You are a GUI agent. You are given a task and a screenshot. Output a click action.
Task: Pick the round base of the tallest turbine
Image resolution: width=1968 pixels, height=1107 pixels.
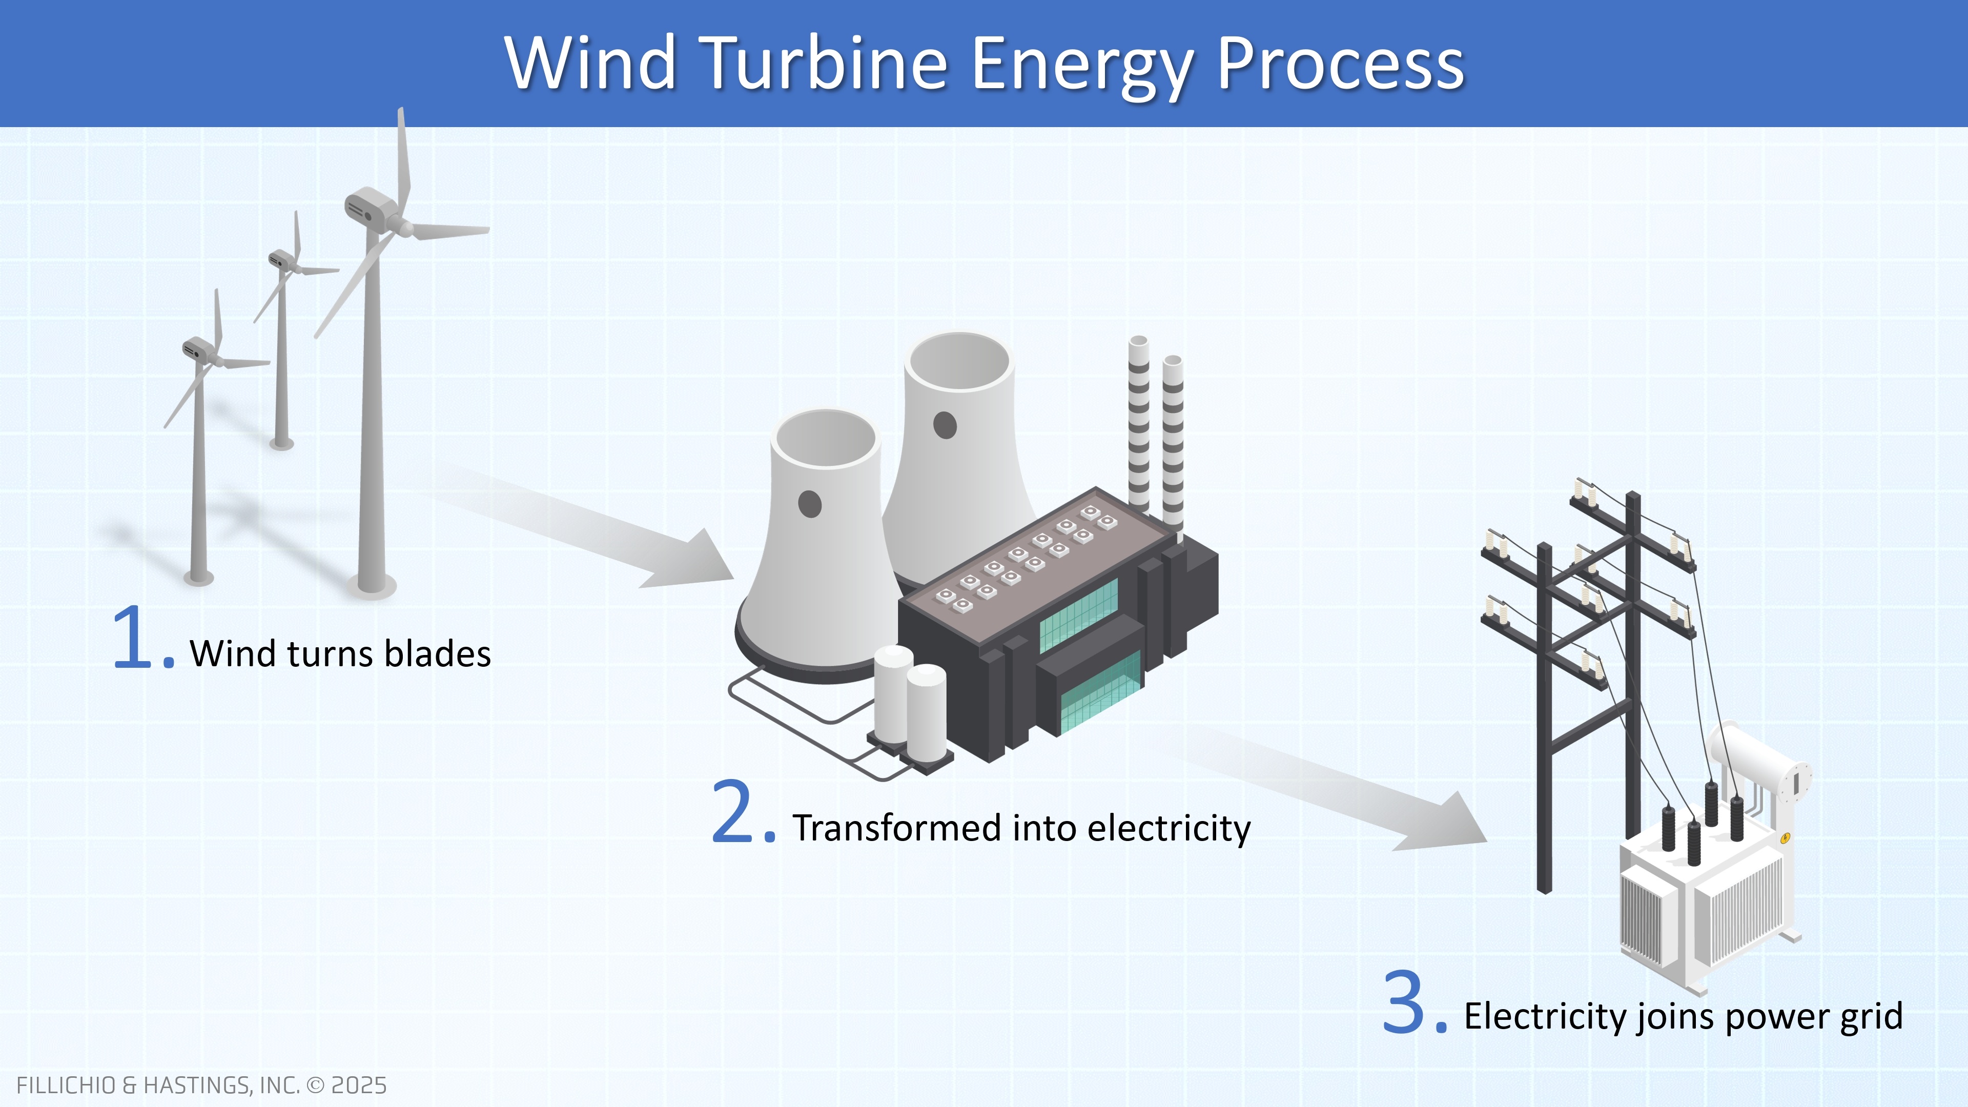[x=372, y=587]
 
